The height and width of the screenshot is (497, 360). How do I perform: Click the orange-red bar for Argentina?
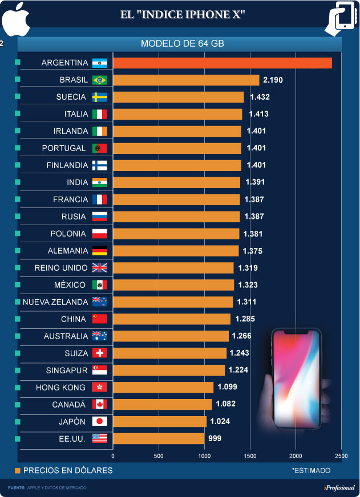coord(223,63)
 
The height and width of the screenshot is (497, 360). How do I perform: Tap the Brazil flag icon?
coord(100,80)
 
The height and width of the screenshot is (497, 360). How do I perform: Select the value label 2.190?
coord(273,80)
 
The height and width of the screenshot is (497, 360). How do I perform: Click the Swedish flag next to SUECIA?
coord(100,97)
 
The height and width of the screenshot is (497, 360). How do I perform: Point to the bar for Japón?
coord(160,421)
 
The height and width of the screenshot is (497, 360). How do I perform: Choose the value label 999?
coord(215,438)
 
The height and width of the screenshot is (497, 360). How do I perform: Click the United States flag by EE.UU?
coord(100,438)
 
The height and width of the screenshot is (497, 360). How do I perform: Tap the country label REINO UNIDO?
coord(61,268)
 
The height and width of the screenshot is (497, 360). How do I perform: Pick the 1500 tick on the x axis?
coord(250,456)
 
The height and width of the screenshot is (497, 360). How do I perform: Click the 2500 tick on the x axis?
coord(341,456)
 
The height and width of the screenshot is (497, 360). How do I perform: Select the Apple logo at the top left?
coord(15,18)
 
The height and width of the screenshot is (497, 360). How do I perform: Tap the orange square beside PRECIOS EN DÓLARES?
coord(18,470)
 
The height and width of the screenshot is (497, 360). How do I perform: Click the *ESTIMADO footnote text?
coord(311,471)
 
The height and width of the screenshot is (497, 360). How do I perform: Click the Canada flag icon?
coord(100,404)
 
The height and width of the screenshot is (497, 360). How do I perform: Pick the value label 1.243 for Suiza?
coord(239,353)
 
